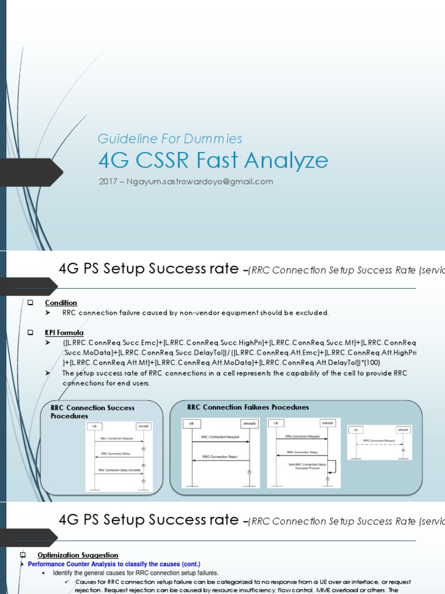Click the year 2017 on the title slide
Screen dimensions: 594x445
[x=108, y=182]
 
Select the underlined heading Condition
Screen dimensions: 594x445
[x=61, y=303]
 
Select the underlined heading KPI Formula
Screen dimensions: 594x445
[x=64, y=333]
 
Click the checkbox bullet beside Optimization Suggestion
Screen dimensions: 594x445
[x=23, y=555]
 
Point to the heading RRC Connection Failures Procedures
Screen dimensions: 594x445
[x=248, y=407]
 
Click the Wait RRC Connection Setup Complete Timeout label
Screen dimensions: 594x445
[x=307, y=466]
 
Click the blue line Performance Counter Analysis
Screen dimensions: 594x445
[x=114, y=564]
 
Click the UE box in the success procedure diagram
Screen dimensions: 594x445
[x=94, y=426]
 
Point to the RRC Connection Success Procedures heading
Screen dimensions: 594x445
[x=92, y=412]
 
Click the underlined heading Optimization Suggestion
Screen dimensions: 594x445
[x=78, y=555]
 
